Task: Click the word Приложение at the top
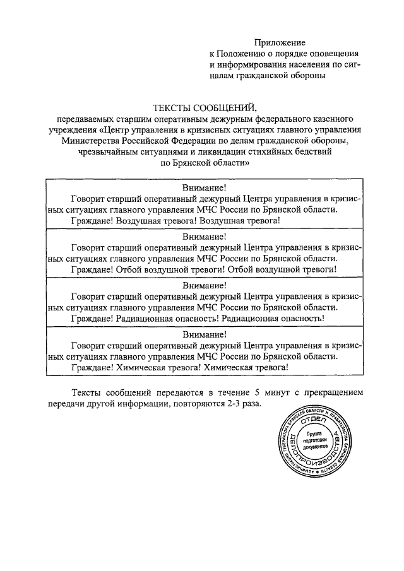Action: click(x=280, y=42)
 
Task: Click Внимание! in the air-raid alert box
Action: click(x=204, y=187)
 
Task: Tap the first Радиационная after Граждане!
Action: click(x=149, y=319)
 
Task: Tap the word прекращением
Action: click(x=332, y=392)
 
